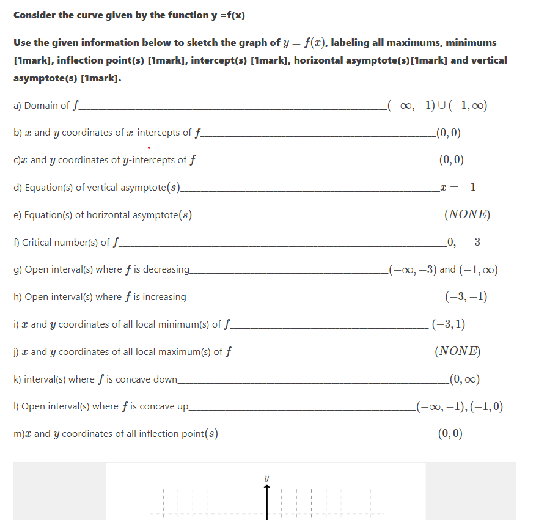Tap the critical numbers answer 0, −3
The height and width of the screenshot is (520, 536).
tap(463, 243)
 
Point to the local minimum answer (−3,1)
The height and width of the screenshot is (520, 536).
tap(448, 324)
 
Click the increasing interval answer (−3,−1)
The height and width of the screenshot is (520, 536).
tap(466, 297)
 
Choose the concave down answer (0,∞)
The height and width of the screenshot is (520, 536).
tap(464, 379)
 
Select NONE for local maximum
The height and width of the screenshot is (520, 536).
tap(456, 352)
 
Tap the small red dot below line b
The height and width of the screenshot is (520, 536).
tap(149, 147)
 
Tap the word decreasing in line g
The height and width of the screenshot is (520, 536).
tap(165, 269)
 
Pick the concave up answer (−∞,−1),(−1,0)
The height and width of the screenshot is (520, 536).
tap(459, 407)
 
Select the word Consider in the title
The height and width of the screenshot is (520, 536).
tap(34, 15)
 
